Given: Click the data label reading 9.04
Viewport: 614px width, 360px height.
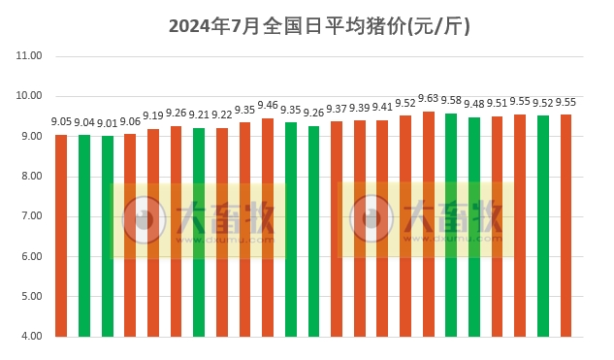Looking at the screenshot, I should [84, 122].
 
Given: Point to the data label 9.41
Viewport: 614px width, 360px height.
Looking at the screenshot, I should [382, 108].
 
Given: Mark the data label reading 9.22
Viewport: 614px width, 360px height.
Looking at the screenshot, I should [222, 115].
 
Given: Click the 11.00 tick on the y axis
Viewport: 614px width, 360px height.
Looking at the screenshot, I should [30, 56].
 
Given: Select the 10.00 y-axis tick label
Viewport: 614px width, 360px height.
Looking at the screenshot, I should [30, 96].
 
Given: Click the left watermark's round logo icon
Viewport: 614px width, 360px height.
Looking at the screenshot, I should [144, 220].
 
